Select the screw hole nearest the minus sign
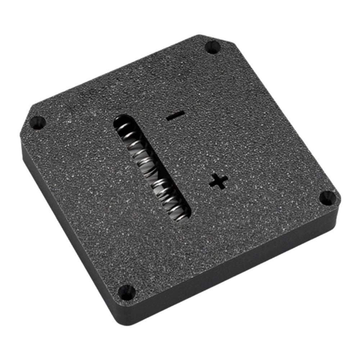(213, 47)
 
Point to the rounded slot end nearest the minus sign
(121, 121)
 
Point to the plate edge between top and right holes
(284, 119)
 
